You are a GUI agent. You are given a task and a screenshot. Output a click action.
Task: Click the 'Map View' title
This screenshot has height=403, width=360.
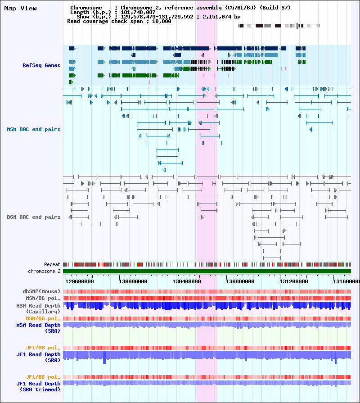[20, 8]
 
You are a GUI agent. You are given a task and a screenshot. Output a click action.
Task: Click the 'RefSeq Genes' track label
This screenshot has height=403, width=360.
[41, 65]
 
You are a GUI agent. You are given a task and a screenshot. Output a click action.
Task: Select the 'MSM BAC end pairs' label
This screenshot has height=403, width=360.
[34, 129]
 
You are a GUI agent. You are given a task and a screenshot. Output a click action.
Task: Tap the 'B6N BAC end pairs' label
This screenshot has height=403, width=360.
[34, 217]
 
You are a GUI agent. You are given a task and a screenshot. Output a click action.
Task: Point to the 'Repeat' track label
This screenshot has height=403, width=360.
[52, 264]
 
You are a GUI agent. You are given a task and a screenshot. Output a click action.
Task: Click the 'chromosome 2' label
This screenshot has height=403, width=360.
[44, 271]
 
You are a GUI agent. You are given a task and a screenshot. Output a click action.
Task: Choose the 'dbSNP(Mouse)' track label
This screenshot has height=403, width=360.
[41, 291]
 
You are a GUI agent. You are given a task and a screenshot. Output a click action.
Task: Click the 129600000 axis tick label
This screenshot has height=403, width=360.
[80, 281]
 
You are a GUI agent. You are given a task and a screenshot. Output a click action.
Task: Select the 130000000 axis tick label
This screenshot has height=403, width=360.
[133, 281]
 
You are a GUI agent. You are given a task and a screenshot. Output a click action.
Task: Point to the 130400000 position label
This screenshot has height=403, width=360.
[187, 281]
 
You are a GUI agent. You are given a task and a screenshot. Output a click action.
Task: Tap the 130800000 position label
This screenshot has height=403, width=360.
[240, 281]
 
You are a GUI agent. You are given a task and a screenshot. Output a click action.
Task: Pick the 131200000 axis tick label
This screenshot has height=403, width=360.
[294, 281]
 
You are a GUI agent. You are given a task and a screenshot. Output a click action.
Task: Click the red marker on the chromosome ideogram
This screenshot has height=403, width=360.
[297, 26]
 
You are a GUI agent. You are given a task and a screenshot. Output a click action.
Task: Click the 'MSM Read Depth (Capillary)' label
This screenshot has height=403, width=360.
[38, 309]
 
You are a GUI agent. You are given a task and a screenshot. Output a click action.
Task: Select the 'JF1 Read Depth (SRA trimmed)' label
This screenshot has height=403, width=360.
[39, 386]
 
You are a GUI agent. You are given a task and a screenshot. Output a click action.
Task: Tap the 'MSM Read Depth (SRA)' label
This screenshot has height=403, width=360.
[39, 328]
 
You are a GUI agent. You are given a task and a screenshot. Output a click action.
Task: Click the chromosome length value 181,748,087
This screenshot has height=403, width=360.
[138, 12]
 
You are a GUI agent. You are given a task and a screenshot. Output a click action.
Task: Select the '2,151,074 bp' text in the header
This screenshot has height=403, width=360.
[221, 17]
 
